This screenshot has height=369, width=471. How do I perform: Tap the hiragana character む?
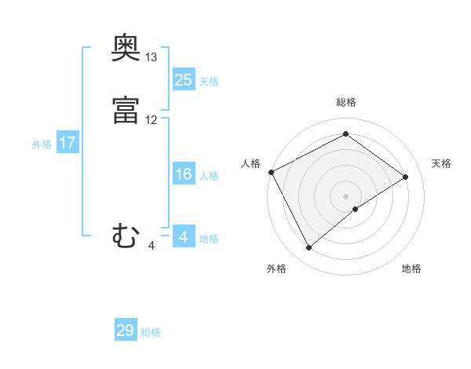coord(126,236)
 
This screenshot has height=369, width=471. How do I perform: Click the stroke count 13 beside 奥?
coord(152,58)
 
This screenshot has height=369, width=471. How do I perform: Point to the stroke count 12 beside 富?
coord(152,120)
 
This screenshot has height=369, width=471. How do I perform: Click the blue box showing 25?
coord(183,80)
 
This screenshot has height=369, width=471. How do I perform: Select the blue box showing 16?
coord(183,174)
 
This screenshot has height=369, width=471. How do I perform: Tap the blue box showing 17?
coord(67,143)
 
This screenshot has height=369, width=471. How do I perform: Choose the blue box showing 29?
coord(125,331)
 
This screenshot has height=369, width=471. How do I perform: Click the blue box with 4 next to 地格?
coord(183,237)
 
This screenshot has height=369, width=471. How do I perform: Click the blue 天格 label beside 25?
coord(209,82)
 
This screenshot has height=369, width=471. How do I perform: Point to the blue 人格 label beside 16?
coord(209,176)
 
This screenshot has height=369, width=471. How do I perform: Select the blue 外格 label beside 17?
coord(42,144)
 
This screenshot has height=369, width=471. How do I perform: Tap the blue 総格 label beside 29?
coord(151,332)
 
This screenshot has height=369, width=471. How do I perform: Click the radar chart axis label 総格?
coord(346,102)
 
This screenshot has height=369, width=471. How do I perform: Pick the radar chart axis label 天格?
coord(441,163)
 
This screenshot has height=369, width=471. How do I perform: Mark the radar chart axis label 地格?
coord(411,269)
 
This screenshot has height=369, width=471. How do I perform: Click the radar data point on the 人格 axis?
coord(271,172)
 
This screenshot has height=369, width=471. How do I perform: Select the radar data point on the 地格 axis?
coord(356,209)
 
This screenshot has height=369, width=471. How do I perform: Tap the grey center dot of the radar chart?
coord(346,195)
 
